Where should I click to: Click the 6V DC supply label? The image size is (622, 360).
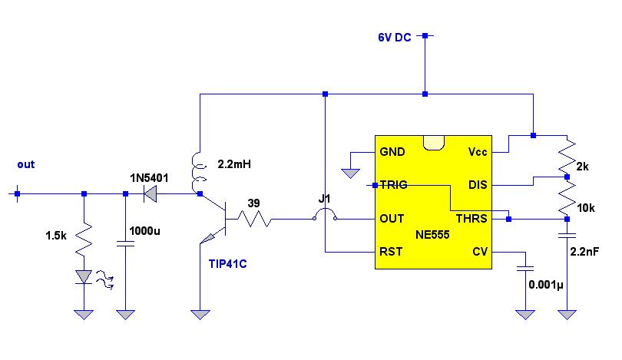tap(394, 38)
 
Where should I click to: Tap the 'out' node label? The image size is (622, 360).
tap(26, 164)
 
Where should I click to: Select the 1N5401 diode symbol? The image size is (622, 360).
tap(150, 194)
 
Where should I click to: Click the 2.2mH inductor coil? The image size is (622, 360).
tap(198, 173)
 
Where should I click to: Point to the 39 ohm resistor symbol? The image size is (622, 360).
tap(254, 219)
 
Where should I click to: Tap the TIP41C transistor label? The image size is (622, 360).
tap(228, 264)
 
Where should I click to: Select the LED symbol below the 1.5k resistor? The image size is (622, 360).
tap(84, 277)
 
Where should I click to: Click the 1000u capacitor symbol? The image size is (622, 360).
tap(126, 243)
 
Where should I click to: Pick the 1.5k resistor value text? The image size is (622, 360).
tap(56, 236)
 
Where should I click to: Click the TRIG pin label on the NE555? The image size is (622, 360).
tap(393, 185)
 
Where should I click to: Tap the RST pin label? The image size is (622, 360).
tap(391, 252)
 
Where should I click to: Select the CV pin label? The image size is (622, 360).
tap(480, 252)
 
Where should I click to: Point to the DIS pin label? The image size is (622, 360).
tap(478, 185)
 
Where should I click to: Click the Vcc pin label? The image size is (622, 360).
tap(478, 152)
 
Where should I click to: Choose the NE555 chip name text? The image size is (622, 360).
tap(432, 235)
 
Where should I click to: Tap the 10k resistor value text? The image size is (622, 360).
tap(585, 208)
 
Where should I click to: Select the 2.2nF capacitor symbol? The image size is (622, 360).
tap(567, 236)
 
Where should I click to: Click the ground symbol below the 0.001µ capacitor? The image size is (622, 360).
tap(525, 315)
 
